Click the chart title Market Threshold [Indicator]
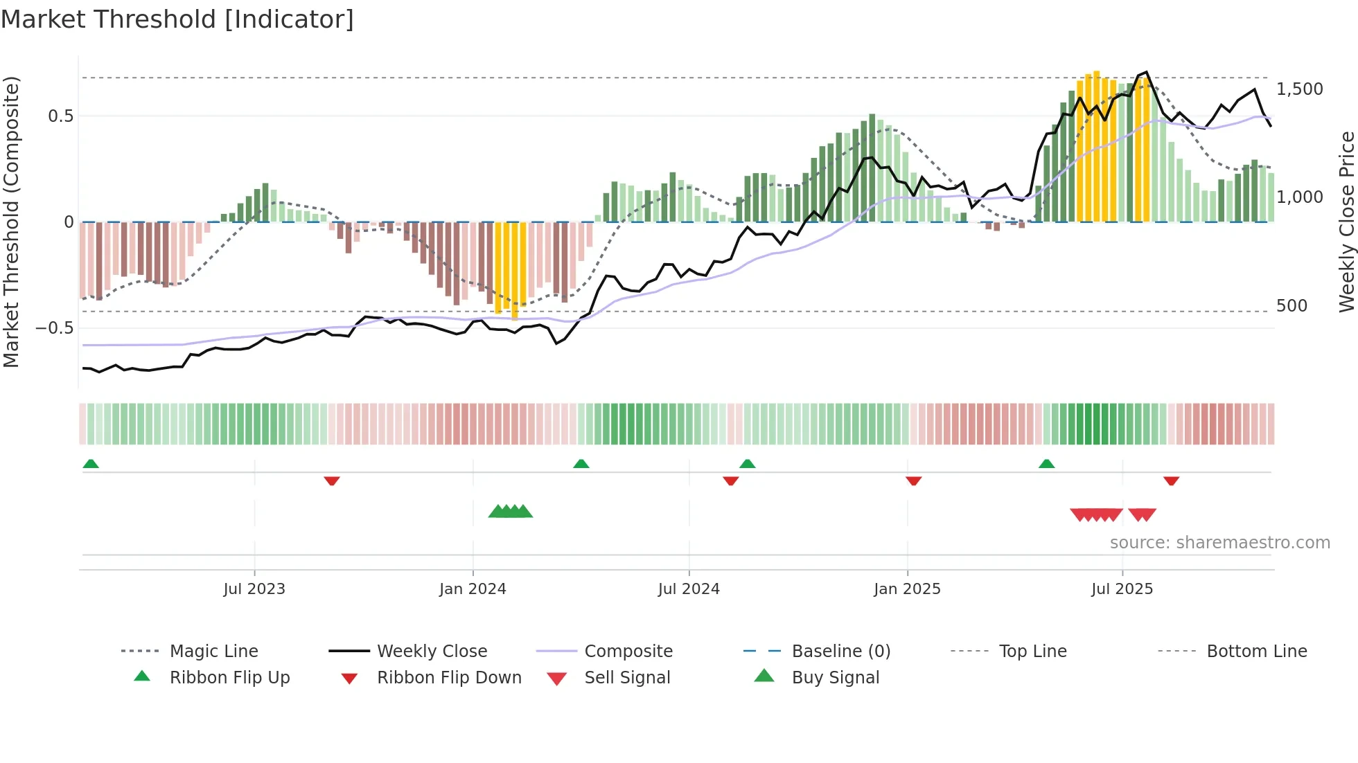177,19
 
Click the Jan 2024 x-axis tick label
473,589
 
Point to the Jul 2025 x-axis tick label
1122,589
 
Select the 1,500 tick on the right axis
1299,89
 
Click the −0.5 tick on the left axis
55,327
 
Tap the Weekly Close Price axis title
1346,222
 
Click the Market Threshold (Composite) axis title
11,222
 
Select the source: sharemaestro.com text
1219,542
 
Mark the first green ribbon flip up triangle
91,464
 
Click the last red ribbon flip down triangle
1171,481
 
